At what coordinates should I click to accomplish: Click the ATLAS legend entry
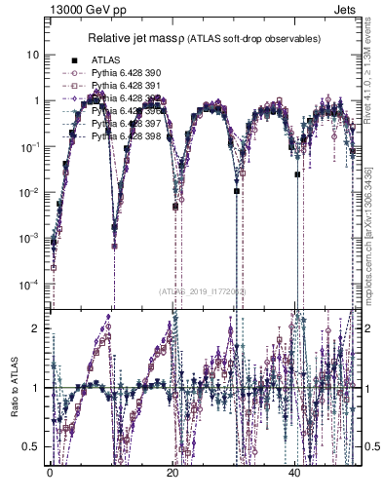(104, 60)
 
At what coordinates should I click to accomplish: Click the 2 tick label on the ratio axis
(36, 328)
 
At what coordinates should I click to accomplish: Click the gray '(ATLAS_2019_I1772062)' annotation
(201, 290)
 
